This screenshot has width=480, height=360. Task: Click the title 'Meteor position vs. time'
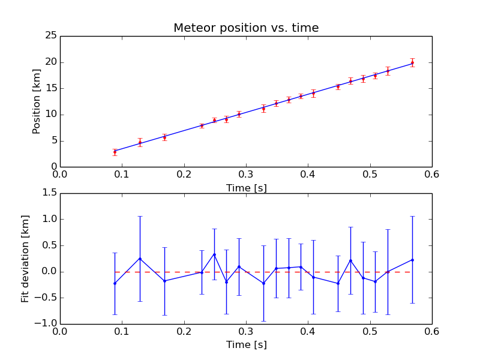pos(246,28)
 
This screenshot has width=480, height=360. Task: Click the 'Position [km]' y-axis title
pos(37,101)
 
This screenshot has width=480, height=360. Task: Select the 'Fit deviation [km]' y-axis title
pos(25,259)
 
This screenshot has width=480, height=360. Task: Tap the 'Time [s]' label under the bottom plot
pos(246,345)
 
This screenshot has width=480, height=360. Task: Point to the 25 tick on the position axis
pos(50,36)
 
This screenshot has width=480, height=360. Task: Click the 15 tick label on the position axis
pos(50,88)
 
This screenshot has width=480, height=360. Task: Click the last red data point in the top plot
pos(412,62)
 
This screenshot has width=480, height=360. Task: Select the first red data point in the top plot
pos(115,152)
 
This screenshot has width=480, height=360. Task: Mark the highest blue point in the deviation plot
pos(214,254)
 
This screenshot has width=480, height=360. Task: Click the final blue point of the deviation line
pos(412,260)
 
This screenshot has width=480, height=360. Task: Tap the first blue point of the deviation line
pos(115,283)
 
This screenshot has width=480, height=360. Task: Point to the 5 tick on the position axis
pos(53,141)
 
